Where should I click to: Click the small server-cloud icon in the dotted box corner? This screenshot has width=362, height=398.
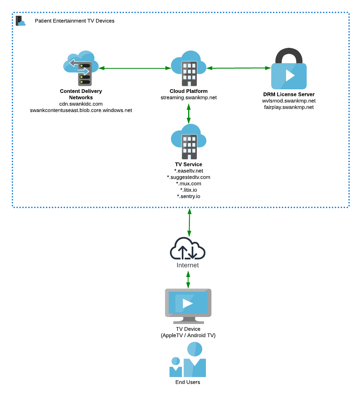click(x=20, y=21)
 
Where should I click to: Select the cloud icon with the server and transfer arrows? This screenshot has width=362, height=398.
click(x=81, y=68)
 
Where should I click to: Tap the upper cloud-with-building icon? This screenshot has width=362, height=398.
click(x=189, y=68)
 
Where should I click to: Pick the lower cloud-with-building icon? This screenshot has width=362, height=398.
click(x=189, y=141)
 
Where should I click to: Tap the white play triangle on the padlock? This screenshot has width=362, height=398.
click(x=290, y=75)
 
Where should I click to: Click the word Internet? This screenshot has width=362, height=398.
click(x=188, y=265)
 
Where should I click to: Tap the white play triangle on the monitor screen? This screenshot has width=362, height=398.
click(x=188, y=303)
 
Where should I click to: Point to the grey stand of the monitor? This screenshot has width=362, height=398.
click(x=189, y=321)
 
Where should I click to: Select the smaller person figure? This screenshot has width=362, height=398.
click(x=175, y=367)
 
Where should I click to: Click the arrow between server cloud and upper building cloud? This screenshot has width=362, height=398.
click(x=135, y=68)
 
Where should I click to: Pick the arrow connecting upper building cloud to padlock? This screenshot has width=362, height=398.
click(x=239, y=68)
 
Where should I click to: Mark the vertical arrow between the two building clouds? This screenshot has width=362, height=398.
click(x=189, y=114)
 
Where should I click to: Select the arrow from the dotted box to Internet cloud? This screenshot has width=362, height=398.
click(x=189, y=222)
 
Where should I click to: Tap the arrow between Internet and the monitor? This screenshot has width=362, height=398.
click(x=188, y=279)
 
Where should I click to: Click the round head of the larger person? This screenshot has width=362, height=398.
click(x=195, y=349)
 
